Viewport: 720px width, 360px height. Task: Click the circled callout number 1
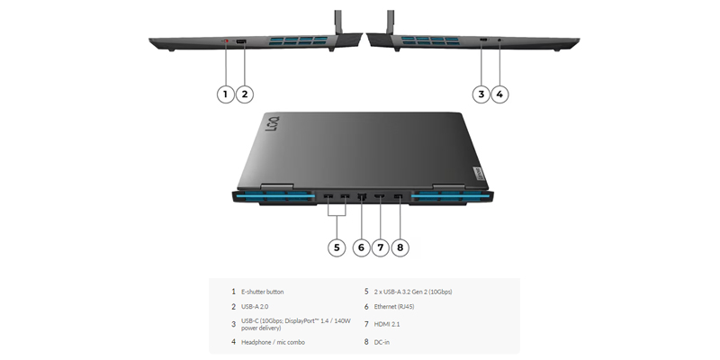tap(226, 94)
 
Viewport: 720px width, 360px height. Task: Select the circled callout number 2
tap(245, 94)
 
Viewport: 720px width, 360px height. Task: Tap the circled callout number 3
tap(481, 94)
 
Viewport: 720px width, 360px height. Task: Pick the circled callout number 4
tap(500, 94)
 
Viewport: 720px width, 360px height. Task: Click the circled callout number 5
tap(336, 247)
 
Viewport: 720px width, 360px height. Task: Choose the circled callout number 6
tap(362, 247)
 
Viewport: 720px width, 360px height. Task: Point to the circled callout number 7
tap(381, 247)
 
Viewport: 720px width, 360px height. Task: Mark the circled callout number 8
tap(400, 247)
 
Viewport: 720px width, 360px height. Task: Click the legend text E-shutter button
tap(262, 292)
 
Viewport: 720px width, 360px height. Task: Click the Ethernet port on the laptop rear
tap(362, 196)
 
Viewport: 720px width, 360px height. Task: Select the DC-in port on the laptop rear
tap(399, 196)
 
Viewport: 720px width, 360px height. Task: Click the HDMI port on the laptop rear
tap(380, 196)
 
